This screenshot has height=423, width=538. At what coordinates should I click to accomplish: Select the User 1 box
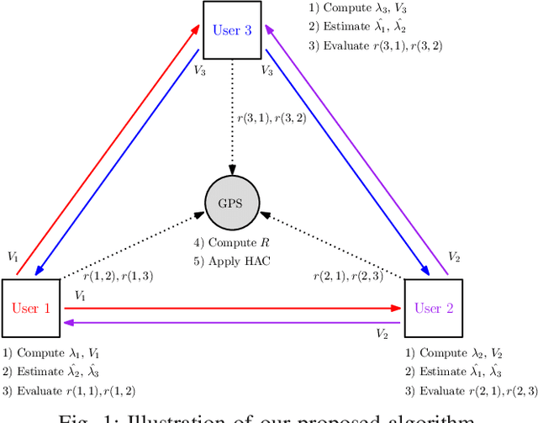[x=31, y=308]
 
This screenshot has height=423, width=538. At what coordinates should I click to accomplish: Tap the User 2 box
[x=434, y=308]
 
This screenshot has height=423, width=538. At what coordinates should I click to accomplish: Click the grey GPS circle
[x=233, y=204]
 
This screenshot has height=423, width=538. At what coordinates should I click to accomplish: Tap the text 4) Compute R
[x=232, y=243]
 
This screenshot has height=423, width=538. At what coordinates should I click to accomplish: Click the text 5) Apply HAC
[x=233, y=260]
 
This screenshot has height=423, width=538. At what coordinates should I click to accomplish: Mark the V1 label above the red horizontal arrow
[x=81, y=296]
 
